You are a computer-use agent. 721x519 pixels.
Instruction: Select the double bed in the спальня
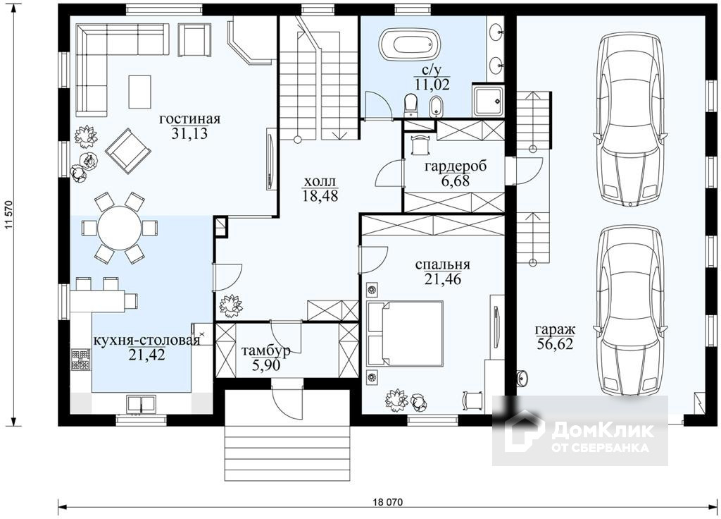(404, 334)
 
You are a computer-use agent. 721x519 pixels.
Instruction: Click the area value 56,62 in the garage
(555, 344)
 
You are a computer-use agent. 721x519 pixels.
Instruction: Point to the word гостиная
(190, 118)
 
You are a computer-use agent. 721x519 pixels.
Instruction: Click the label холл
(320, 181)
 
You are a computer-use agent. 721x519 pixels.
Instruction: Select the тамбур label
(266, 351)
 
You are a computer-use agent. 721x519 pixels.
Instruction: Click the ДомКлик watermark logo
(580, 431)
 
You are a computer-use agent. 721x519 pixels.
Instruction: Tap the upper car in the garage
(630, 121)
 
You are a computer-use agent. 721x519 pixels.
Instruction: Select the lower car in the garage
(630, 311)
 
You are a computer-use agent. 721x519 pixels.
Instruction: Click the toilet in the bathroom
(410, 104)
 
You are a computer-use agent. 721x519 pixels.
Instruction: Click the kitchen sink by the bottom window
(141, 404)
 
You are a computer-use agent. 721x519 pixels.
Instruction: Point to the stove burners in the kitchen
(80, 361)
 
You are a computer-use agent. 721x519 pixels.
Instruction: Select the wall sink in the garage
(522, 377)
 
